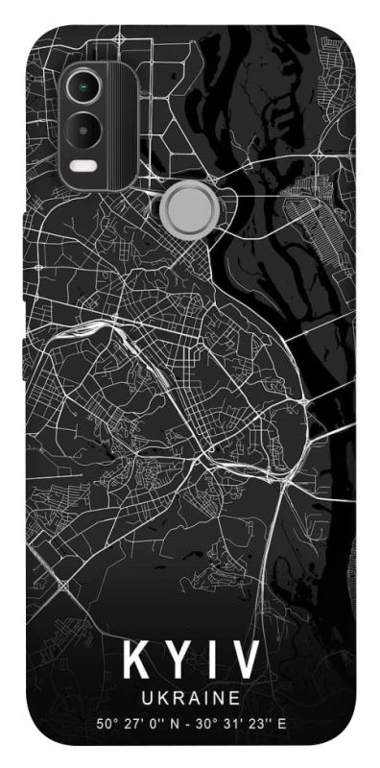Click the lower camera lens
(x=83, y=127)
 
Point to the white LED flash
(x=83, y=164)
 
